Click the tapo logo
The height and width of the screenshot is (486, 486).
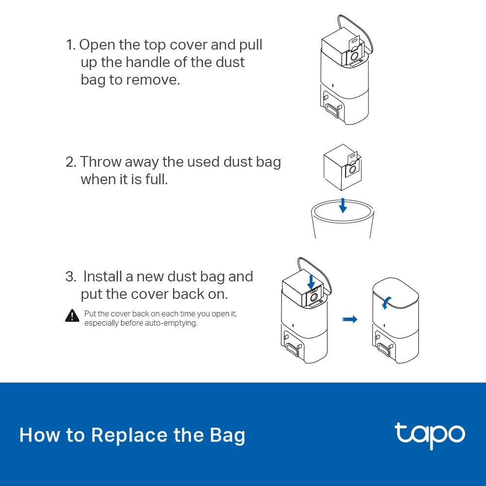430,435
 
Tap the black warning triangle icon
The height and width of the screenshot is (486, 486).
72,316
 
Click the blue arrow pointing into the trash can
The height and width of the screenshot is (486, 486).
343,205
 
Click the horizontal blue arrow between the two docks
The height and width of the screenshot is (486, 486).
349,319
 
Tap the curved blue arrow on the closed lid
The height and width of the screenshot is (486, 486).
385,303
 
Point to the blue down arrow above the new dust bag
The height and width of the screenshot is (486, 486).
311,280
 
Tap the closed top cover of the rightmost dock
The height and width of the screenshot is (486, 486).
395,296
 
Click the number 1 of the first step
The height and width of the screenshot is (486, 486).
70,45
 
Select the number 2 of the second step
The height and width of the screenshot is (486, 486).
70,162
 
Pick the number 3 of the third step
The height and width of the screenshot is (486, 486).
70,277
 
